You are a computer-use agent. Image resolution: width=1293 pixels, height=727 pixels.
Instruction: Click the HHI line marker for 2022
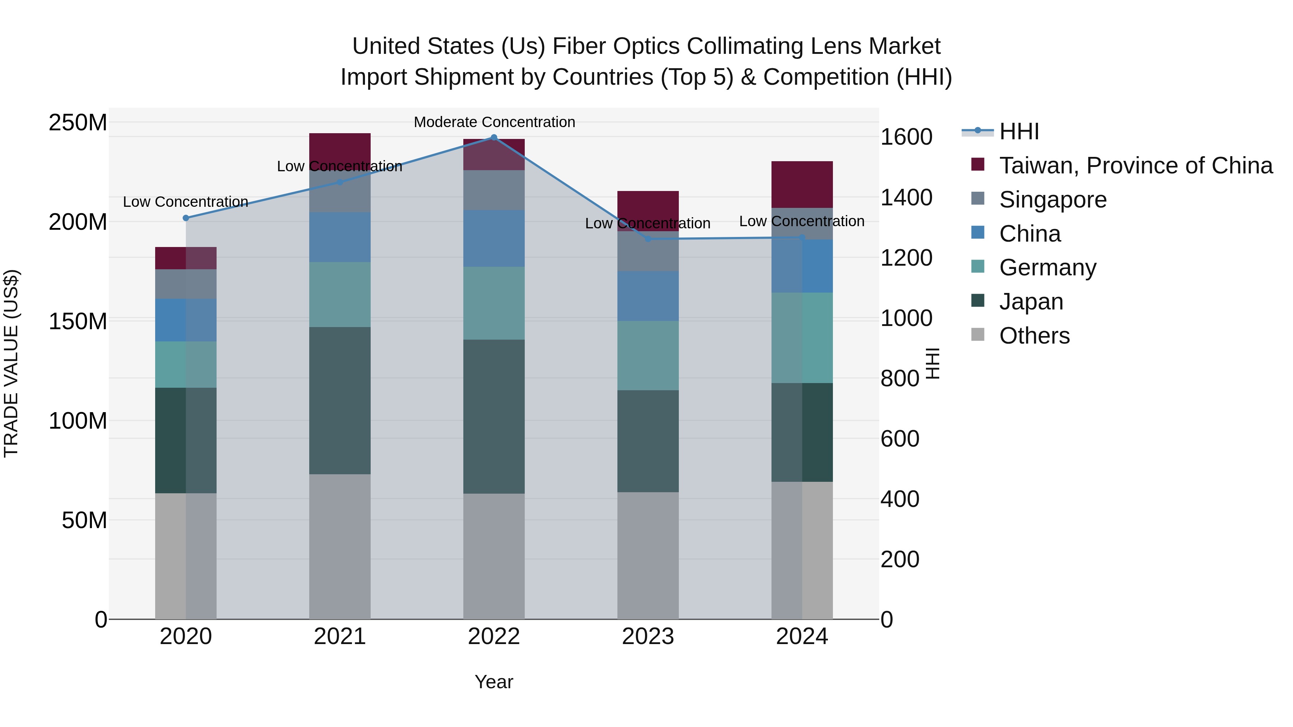493,138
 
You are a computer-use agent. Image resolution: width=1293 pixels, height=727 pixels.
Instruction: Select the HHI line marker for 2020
186,218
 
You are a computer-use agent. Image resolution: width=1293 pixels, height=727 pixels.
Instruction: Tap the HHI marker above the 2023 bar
648,239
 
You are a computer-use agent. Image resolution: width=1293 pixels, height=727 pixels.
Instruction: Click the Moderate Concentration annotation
494,122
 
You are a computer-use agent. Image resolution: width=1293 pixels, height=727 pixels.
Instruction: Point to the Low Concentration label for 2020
185,202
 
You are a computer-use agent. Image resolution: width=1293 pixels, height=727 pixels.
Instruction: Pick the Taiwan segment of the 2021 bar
339,148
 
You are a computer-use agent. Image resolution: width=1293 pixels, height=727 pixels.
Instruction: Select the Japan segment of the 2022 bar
493,416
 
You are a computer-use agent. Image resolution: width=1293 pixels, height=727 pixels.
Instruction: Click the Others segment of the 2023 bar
648,555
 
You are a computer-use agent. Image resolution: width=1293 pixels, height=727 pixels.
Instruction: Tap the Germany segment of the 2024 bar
802,338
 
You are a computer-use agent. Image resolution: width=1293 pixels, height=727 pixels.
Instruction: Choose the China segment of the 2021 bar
339,237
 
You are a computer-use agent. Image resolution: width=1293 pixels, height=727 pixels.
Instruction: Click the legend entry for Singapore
1053,200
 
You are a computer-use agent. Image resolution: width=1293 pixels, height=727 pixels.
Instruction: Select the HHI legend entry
1019,131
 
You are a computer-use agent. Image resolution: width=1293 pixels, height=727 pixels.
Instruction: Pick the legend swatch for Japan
978,300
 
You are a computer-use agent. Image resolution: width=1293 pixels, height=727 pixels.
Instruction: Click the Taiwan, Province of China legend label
1135,166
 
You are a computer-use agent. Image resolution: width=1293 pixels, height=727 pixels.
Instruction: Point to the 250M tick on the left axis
78,122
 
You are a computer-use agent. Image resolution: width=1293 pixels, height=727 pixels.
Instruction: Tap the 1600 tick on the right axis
906,137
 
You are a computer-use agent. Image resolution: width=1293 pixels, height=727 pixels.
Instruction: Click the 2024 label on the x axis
802,637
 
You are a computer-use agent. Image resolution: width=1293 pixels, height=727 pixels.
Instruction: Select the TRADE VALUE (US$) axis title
11,363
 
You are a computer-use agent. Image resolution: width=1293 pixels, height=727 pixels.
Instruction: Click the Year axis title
493,682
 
